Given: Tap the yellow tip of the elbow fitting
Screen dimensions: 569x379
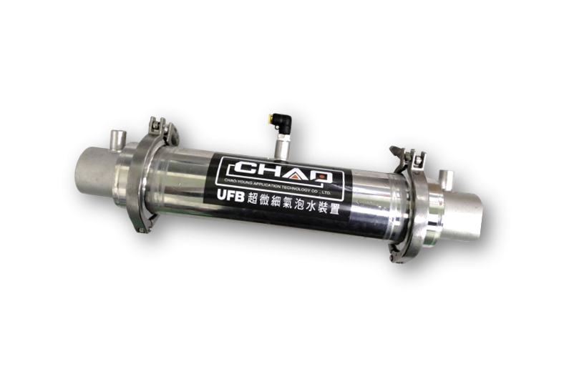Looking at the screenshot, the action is tap(268, 118).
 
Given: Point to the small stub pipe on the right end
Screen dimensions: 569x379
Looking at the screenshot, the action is tap(446, 179).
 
